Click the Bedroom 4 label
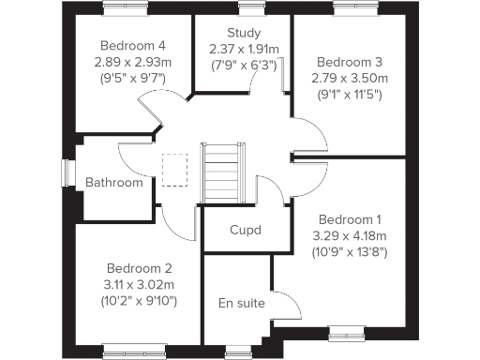[x=134, y=45]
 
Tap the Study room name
[x=244, y=34]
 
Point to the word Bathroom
[x=113, y=182]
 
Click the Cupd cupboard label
[x=245, y=230]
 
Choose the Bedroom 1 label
[x=348, y=217]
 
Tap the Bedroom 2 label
[x=140, y=266]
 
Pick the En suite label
[x=241, y=303]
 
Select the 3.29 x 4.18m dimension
[x=349, y=234]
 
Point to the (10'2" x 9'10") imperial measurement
[x=140, y=301]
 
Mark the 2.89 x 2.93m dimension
[x=134, y=62]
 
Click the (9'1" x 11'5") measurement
[x=349, y=95]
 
